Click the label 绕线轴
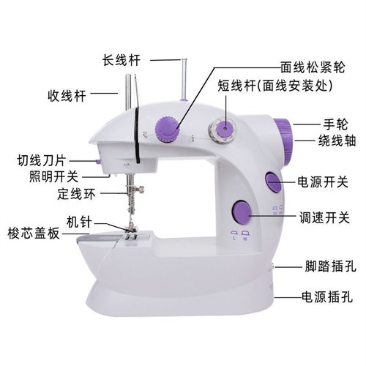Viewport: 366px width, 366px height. [333, 141]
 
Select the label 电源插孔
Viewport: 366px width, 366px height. [326, 297]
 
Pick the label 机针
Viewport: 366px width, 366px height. [78, 220]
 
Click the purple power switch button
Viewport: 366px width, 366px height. [272, 182]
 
